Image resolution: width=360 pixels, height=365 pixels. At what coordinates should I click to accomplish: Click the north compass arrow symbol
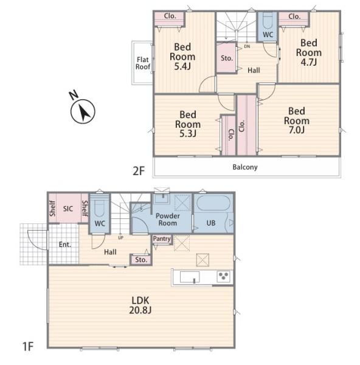click(x=83, y=111)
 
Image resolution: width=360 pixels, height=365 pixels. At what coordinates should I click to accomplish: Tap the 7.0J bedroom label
click(x=297, y=120)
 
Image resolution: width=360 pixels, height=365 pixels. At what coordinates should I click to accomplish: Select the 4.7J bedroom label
click(x=308, y=52)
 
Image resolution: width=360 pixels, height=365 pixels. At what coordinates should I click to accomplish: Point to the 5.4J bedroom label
click(x=182, y=57)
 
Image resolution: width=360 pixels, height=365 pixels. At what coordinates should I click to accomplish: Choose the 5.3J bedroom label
click(x=188, y=124)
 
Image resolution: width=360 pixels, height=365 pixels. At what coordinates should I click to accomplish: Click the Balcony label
click(x=245, y=167)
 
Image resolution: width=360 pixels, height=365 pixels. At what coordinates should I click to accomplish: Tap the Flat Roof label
click(x=143, y=63)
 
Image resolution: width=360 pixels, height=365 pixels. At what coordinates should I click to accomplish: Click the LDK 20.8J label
click(x=140, y=305)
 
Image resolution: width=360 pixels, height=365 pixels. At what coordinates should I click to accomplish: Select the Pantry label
click(x=162, y=239)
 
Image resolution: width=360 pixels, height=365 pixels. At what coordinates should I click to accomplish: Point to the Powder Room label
click(x=168, y=219)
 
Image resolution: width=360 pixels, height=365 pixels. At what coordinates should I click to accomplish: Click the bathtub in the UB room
click(x=213, y=203)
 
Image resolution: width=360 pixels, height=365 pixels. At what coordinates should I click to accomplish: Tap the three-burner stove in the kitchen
click(x=223, y=276)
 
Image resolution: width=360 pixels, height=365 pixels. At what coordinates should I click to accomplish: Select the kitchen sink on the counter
click(x=190, y=277)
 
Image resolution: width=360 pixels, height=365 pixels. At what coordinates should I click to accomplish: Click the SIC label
click(x=68, y=209)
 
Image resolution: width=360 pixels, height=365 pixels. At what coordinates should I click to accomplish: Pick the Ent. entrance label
click(x=65, y=245)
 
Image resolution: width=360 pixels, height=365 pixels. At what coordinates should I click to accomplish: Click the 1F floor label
click(x=28, y=346)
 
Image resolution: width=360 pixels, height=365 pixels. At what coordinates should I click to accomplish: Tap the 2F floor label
click(x=139, y=172)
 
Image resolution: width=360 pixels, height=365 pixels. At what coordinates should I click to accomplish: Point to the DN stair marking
click(x=247, y=47)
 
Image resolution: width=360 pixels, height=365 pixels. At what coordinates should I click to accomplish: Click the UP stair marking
click(x=120, y=238)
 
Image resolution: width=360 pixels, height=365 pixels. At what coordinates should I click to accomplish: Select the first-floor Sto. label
click(x=141, y=260)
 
